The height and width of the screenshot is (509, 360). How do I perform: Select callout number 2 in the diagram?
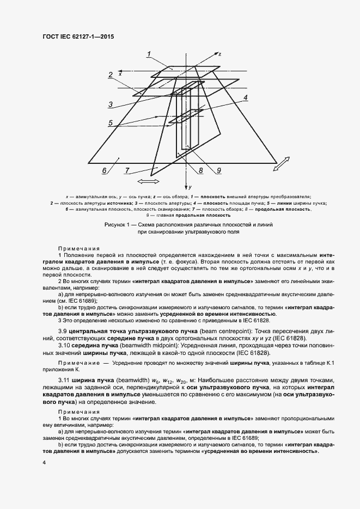pos(111,75)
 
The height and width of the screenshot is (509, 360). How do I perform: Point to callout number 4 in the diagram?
pos(245,98)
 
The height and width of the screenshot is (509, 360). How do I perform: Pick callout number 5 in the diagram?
pos(110,124)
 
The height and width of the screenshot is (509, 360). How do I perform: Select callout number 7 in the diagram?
pos(127,170)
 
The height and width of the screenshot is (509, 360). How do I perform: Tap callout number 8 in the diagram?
pos(200,171)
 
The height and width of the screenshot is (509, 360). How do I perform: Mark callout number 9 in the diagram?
pos(218,171)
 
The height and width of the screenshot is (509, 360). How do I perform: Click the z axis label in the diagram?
pos(219,55)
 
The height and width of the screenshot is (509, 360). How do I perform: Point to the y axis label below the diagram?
pos(191,187)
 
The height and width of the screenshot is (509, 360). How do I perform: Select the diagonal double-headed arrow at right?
pos(283,165)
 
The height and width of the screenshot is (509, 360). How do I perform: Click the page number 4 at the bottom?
pos(45,462)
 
